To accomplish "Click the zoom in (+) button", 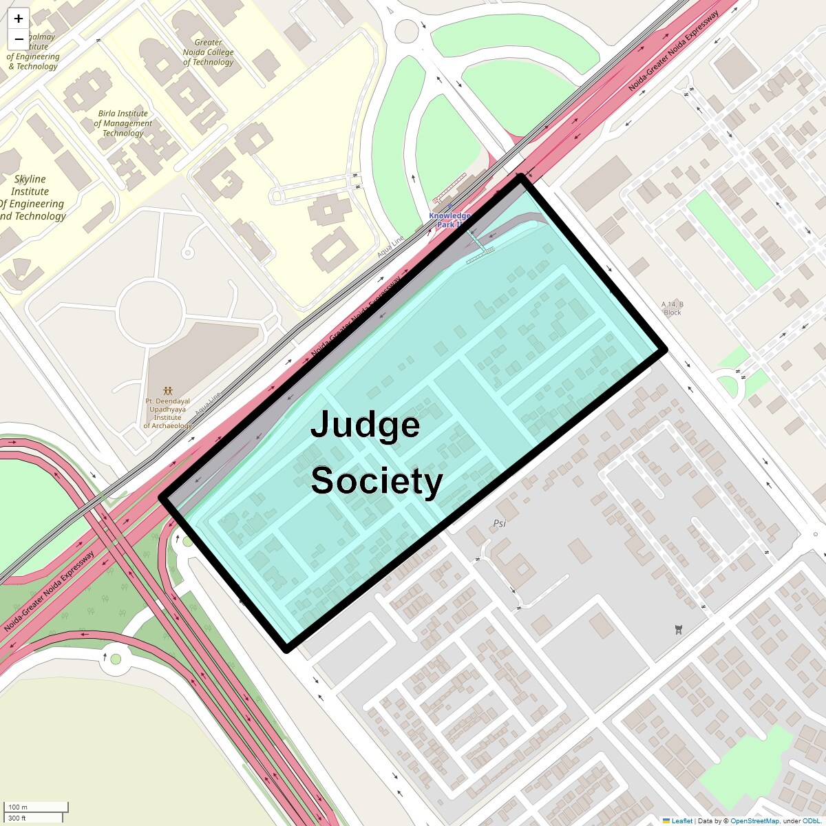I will coord(19,19).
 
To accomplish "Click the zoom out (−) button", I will coord(19,39).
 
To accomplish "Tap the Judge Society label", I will coord(376,452).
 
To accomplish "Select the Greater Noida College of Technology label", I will coord(208,52).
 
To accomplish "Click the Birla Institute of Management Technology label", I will coord(123,123).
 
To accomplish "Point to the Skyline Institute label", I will coord(31,198).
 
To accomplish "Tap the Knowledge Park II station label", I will coord(449,220).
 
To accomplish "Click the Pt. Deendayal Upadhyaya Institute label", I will coord(167,413).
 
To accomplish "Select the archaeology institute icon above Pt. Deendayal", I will coord(167,391).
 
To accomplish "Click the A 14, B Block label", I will coord(672,308).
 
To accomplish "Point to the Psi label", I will coord(499,523).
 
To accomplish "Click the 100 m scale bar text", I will coord(19,807).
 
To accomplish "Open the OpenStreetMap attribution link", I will coord(754,820).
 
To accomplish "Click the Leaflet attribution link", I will coord(681,820).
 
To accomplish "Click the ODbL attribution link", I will coord(813,820).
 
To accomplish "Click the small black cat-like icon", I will coord(678,628).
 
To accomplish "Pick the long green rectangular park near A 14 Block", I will coord(730,239).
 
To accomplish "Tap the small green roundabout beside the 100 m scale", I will coord(116,659).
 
